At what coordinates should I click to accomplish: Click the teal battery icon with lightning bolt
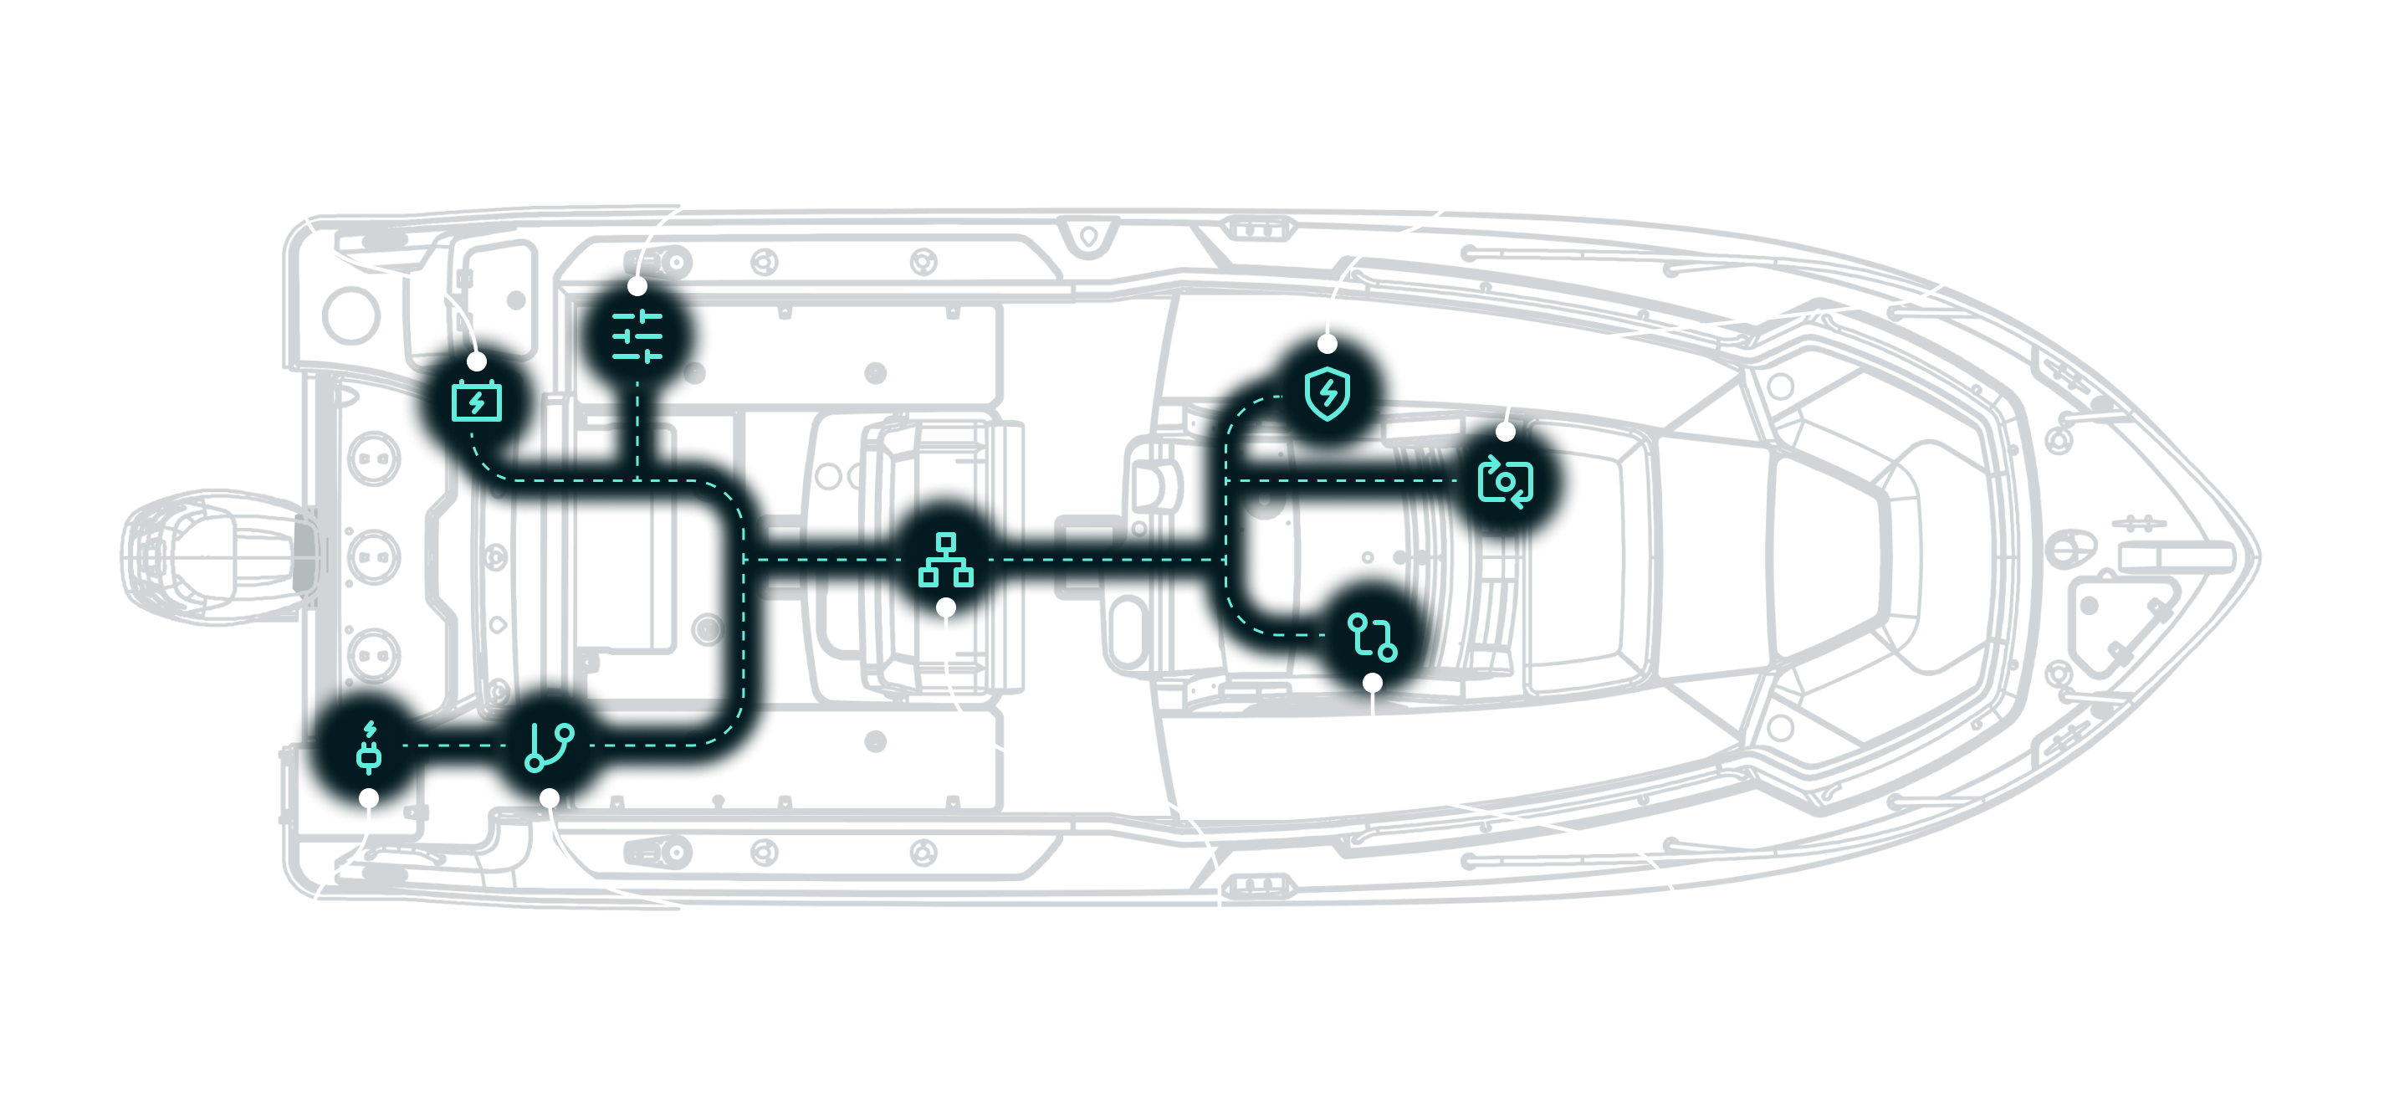pos(477,401)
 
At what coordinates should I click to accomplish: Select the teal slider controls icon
pos(637,336)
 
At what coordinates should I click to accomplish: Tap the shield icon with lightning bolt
pos(1328,392)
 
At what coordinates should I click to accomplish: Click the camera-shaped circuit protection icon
pos(1506,481)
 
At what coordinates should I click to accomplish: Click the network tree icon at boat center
pos(946,559)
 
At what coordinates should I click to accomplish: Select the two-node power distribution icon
pos(1373,637)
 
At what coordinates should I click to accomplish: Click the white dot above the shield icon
pos(1328,344)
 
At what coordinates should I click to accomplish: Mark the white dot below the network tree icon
pos(946,607)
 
